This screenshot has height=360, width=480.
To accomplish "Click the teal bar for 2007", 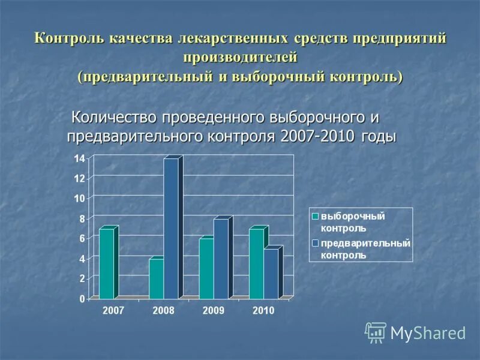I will tap(106, 263).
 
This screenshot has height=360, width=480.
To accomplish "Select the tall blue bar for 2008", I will tap(171, 228).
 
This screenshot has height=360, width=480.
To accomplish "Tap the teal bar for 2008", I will tap(156, 278).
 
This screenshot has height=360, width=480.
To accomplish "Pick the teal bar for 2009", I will tap(206, 268).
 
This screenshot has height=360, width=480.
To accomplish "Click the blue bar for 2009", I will tap(221, 259).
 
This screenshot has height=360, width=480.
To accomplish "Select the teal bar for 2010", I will tap(256, 263).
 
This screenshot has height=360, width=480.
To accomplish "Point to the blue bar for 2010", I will tap(271, 273).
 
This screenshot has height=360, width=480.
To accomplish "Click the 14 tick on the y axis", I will tap(79, 158).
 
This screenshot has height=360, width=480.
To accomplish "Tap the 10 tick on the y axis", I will tap(79, 198).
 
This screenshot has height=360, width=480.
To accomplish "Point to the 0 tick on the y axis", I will tap(82, 298).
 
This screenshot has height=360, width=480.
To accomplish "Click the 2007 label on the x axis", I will tap(114, 311).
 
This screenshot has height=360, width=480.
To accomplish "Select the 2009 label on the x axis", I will tap(214, 311).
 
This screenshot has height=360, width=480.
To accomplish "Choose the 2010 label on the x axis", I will tap(263, 311).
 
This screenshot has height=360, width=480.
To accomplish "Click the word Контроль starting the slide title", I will tap(70, 38).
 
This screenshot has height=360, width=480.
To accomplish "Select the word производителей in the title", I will tap(241, 58).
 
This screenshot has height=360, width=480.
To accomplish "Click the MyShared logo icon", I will tap(376, 332).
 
